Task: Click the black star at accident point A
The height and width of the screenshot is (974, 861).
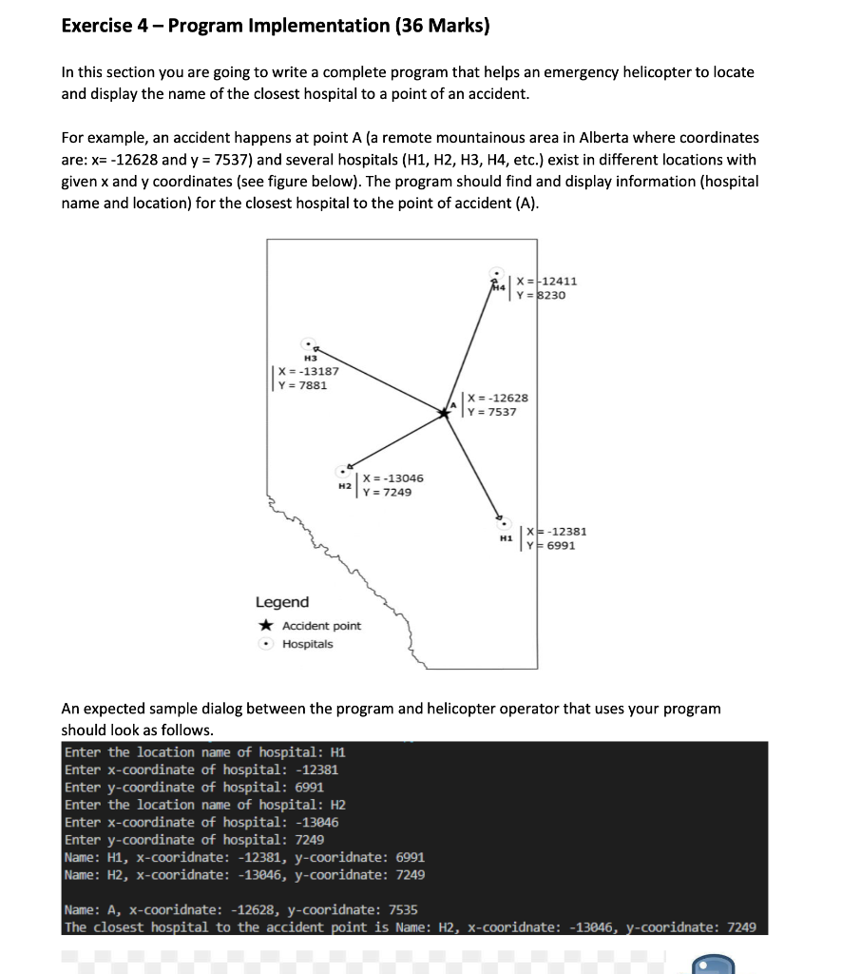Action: [444, 413]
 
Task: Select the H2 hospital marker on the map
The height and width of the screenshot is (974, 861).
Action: [342, 470]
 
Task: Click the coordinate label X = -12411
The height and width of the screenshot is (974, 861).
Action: [547, 282]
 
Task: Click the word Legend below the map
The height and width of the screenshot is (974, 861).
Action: [281, 602]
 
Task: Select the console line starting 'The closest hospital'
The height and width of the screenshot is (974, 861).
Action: [410, 927]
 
